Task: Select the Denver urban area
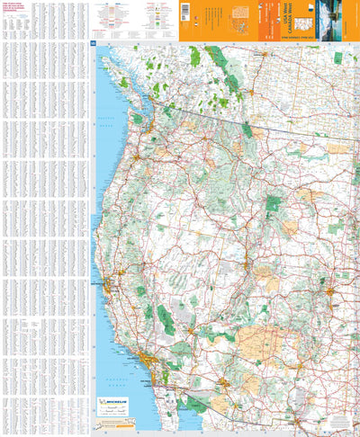331,290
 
